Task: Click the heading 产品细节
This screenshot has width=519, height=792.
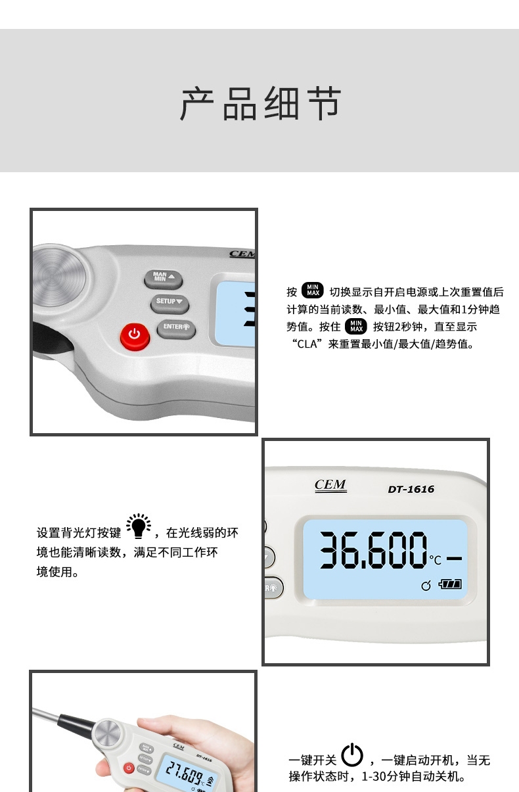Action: (261, 103)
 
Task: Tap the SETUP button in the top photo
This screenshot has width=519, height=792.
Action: (169, 303)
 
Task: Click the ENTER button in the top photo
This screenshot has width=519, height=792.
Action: (176, 328)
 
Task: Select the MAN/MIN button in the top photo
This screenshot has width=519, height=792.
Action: (163, 279)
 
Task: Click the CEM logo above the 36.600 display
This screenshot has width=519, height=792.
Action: (330, 485)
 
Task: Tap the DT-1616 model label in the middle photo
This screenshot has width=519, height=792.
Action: (411, 490)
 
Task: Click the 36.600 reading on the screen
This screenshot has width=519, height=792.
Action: (373, 551)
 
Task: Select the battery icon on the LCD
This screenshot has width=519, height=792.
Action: (450, 584)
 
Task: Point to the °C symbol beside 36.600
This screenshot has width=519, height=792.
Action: (436, 559)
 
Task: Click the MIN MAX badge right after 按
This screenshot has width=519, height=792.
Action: (312, 290)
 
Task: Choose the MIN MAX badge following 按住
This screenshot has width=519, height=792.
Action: (356, 325)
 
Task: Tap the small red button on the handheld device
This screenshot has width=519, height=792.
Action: (129, 768)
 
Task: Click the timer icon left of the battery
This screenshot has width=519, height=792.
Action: (426, 586)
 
